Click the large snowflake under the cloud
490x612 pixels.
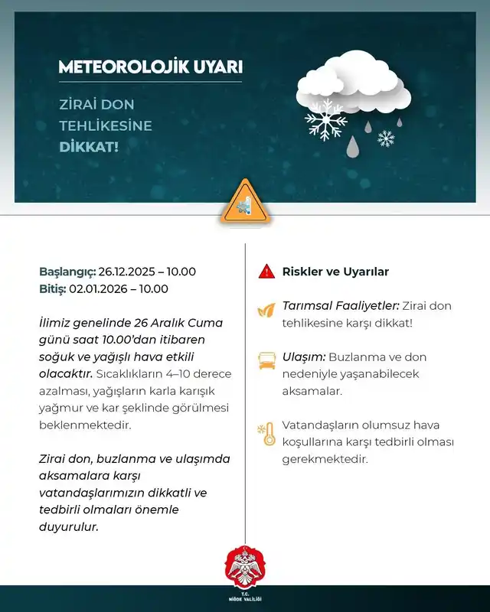pyautogui.click(x=325, y=119)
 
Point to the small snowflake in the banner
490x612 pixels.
pyautogui.click(x=387, y=138)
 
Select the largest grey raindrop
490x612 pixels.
pyautogui.click(x=352, y=145)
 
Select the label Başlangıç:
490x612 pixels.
pyautogui.click(x=67, y=272)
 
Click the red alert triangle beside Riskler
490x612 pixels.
pyautogui.click(x=266, y=272)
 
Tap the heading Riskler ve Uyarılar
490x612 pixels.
pyautogui.click(x=335, y=272)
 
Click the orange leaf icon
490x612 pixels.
pyautogui.click(x=266, y=310)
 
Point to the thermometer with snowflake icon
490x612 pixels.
pyautogui.click(x=266, y=434)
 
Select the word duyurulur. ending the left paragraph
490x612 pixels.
pyautogui.click(x=68, y=526)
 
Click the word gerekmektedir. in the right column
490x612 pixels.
pyautogui.click(x=325, y=459)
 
